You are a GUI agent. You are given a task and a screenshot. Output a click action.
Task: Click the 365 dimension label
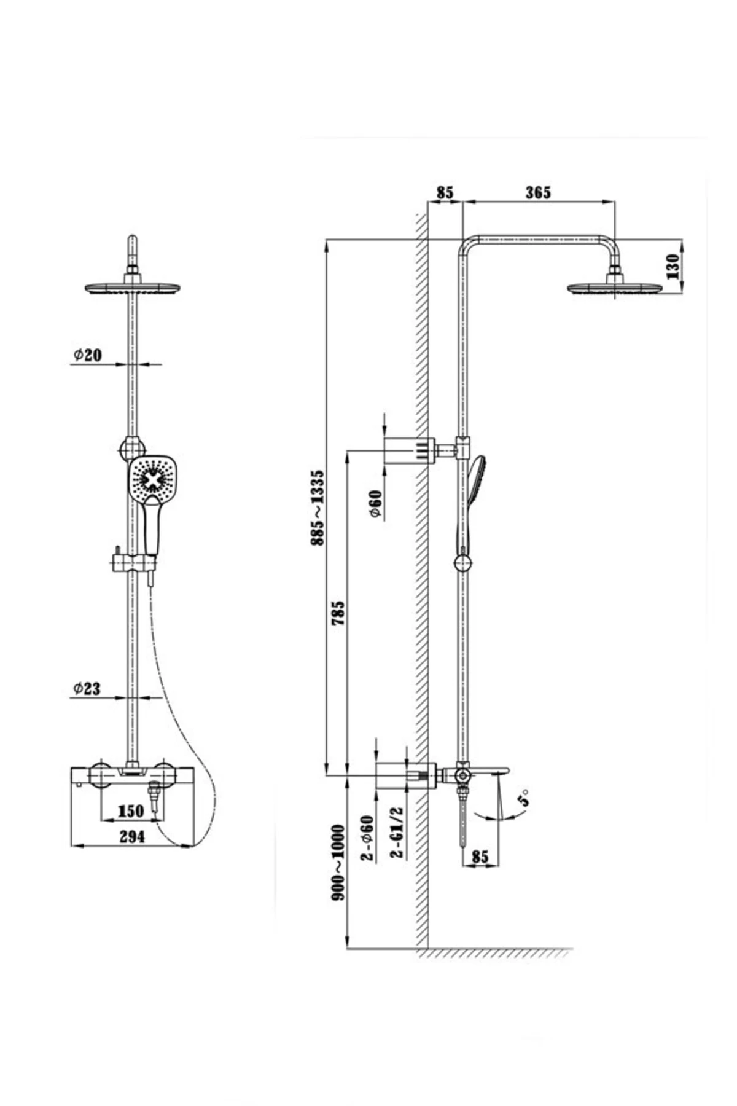coord(538,192)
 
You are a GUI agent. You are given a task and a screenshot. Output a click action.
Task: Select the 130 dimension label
coord(673,266)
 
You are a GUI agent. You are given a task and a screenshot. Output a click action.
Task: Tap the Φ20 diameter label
coord(88,355)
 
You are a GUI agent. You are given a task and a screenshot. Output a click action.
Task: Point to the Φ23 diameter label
coord(87,688)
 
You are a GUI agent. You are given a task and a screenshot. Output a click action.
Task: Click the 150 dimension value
coord(130,811)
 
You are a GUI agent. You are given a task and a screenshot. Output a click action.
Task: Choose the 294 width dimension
coord(131,837)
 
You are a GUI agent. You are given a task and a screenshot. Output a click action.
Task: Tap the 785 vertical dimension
coord(338,613)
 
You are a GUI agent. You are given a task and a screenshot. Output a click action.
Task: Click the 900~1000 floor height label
coord(338,863)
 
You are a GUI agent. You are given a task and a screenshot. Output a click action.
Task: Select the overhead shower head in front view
coord(132,288)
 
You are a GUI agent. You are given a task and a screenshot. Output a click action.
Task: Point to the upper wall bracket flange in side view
coord(408,450)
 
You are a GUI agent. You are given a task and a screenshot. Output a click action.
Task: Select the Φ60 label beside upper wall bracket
coord(376,504)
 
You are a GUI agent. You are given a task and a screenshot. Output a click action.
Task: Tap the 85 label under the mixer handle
coord(480,856)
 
